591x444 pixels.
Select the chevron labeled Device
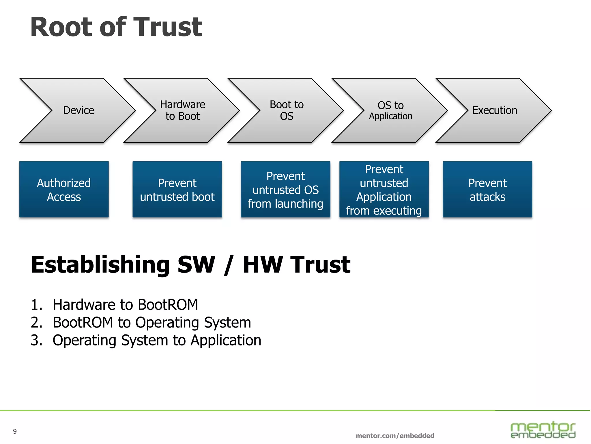(x=78, y=110)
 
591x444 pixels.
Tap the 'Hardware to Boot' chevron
(x=182, y=110)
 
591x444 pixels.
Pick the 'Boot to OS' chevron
(x=287, y=110)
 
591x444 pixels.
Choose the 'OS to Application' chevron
(x=390, y=110)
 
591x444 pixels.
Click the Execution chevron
(x=494, y=110)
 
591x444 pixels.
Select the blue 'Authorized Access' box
(x=64, y=190)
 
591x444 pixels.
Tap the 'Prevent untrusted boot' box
(x=177, y=190)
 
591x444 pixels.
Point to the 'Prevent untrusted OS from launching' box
(x=285, y=190)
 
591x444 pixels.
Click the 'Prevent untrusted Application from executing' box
(x=384, y=190)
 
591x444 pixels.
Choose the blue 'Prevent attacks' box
(x=487, y=190)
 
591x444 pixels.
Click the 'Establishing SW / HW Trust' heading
(x=190, y=264)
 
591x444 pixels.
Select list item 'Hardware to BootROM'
(x=125, y=305)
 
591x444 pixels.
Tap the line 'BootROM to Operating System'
(x=152, y=323)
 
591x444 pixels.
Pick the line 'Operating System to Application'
(x=157, y=340)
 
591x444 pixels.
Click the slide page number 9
(x=15, y=431)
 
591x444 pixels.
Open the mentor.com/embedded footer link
(x=395, y=436)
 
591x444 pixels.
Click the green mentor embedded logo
(x=543, y=430)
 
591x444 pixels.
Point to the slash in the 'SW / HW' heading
(x=228, y=265)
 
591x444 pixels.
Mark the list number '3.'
(x=36, y=340)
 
